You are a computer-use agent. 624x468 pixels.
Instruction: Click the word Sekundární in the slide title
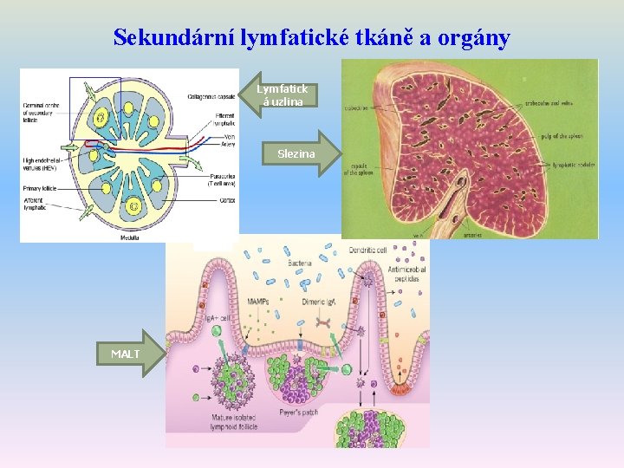click(x=162, y=37)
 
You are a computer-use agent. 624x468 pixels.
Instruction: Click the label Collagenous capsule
click(x=211, y=97)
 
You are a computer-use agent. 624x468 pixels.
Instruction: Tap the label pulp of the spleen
click(x=561, y=137)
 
